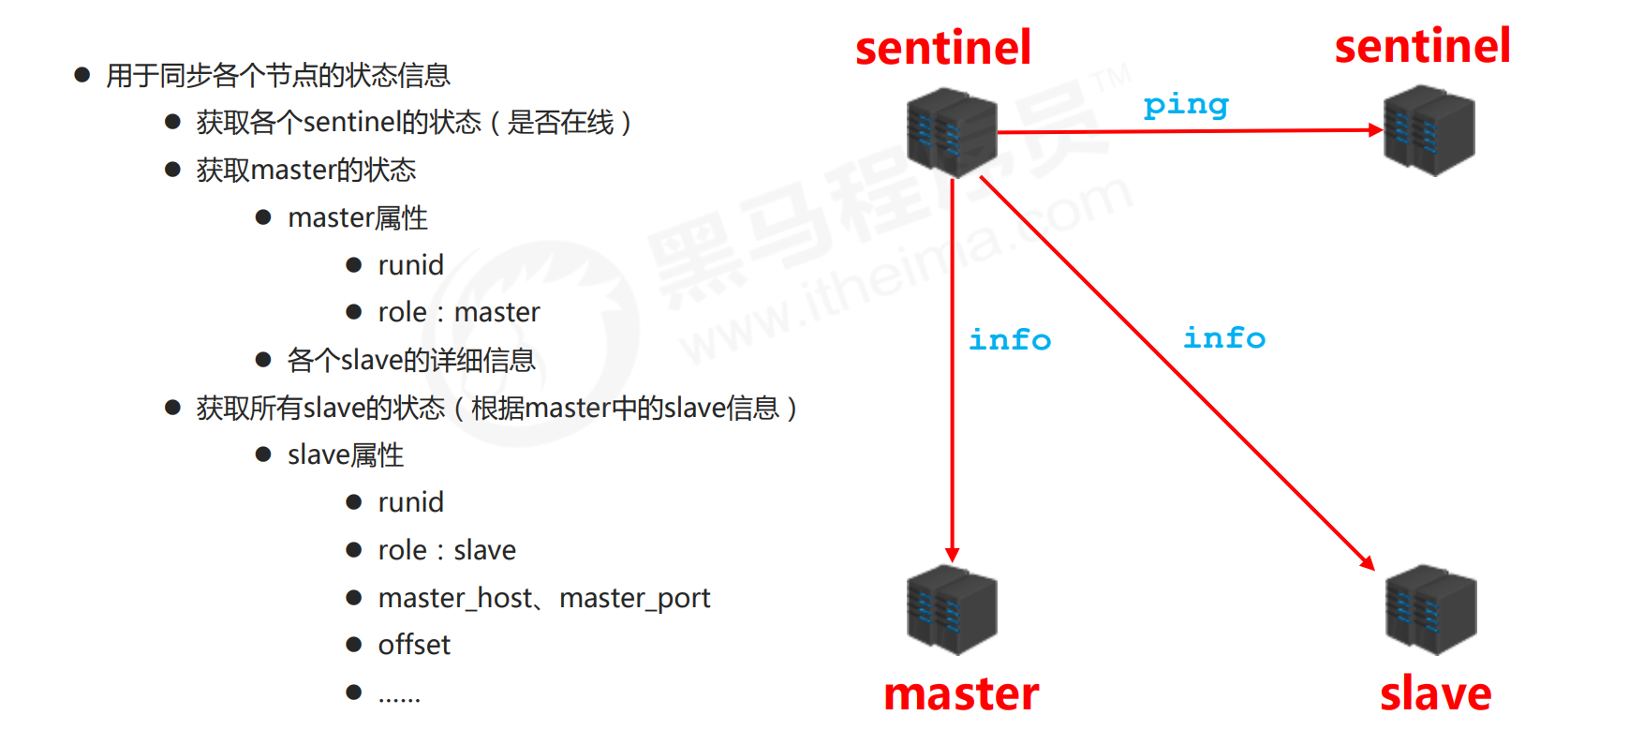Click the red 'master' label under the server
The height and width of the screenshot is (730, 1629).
point(961,694)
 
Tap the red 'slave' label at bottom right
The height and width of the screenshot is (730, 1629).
point(1435,694)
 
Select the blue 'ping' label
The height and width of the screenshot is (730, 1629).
point(1186,104)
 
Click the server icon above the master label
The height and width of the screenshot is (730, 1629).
point(952,609)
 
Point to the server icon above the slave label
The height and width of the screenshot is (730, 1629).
point(1430,609)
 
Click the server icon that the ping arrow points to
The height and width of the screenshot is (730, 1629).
point(1429,130)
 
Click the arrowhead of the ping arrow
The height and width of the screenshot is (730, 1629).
point(1376,130)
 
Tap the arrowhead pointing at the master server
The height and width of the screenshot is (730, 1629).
point(952,555)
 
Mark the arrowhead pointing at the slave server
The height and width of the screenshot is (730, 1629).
point(1368,563)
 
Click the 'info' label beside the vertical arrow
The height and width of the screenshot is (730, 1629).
point(1010,339)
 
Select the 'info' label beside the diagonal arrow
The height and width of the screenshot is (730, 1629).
point(1224,337)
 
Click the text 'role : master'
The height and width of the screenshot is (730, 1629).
point(458,312)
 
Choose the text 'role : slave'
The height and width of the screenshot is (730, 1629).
point(447,550)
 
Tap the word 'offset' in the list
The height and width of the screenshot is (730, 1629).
point(414,645)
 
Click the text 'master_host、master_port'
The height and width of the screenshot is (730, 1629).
point(544,598)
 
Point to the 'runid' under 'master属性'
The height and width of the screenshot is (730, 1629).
point(410,265)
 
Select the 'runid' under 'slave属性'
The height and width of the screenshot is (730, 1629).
point(410,502)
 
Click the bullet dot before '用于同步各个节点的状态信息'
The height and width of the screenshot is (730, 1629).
point(82,75)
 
